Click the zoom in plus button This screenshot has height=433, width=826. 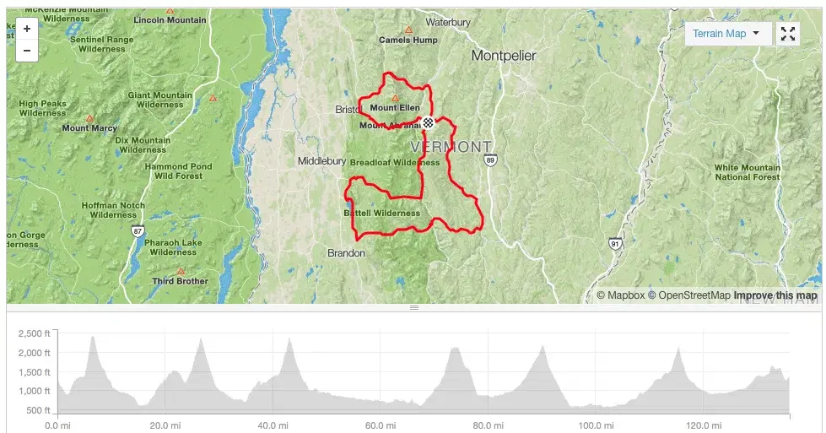(27, 29)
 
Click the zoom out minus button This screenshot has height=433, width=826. (27, 51)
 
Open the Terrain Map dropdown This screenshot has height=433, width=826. (726, 34)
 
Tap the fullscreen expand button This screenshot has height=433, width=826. (788, 34)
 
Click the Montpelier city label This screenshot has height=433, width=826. (504, 56)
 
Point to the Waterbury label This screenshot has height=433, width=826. (447, 22)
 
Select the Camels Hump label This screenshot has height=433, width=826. (408, 40)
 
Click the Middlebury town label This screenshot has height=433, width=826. (321, 160)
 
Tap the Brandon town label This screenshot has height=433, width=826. (346, 252)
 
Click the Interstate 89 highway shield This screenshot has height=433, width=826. (491, 159)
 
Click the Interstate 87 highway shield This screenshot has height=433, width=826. (138, 231)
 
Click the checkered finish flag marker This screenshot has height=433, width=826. (429, 124)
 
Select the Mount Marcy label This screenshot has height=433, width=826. (89, 128)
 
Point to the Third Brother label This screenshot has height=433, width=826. (180, 281)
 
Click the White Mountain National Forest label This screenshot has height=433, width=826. (748, 172)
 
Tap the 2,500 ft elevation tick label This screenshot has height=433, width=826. (35, 333)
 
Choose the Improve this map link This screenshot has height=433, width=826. (775, 295)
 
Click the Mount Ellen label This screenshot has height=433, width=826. (394, 108)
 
